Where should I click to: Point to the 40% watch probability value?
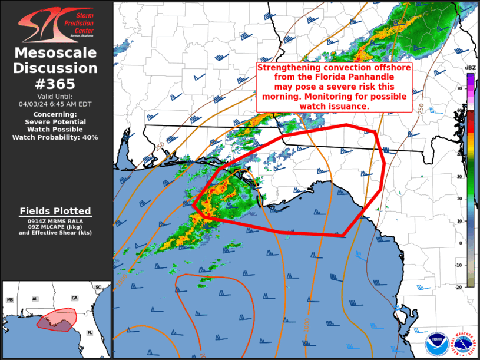(x=89, y=137)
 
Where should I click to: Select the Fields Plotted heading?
(x=55, y=211)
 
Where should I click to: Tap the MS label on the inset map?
(x=10, y=300)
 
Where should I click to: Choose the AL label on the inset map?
(x=35, y=299)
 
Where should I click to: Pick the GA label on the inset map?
(x=74, y=299)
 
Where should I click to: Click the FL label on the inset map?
(x=90, y=332)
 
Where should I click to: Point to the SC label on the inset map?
(x=98, y=287)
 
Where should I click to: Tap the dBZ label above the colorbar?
(x=470, y=68)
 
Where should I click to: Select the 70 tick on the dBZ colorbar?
(x=460, y=88)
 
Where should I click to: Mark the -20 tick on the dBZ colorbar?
(x=459, y=287)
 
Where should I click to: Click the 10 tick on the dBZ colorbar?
(x=460, y=221)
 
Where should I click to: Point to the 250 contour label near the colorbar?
(x=421, y=108)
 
